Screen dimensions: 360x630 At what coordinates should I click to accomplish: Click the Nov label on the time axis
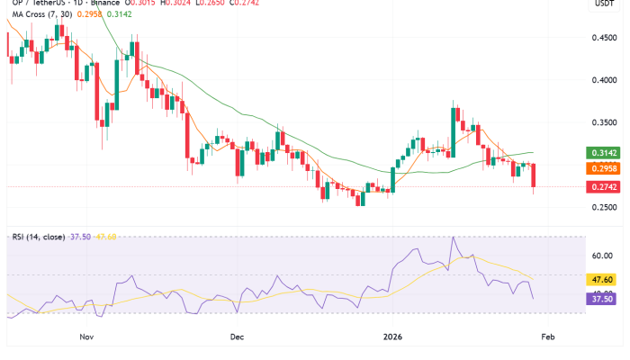coord(87,337)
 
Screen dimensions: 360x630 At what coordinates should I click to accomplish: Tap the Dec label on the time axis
coord(237,337)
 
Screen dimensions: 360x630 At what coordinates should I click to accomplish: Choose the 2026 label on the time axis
coord(393,337)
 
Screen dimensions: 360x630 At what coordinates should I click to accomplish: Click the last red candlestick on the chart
coord(535,177)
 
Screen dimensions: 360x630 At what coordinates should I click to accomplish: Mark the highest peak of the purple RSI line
coord(454,238)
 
